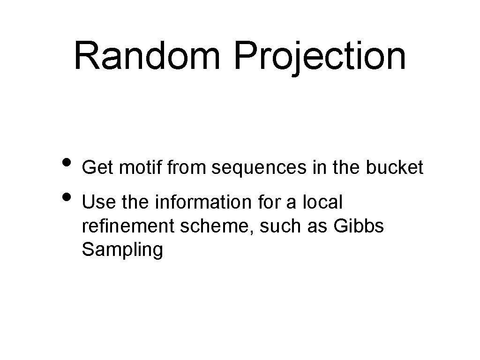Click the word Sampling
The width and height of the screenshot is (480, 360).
[x=122, y=251]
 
